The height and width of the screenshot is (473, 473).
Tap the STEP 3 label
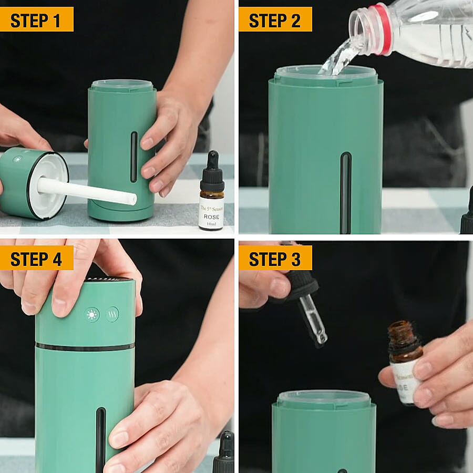(x=275, y=258)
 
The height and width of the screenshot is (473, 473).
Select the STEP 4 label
(x=36, y=258)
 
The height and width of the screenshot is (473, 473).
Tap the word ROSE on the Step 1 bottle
(x=211, y=215)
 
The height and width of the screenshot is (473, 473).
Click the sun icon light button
(x=92, y=315)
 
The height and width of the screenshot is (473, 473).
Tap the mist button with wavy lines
(x=112, y=314)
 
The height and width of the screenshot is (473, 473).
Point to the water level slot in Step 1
(x=134, y=157)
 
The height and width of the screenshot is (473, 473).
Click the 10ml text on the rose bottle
(x=211, y=224)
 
